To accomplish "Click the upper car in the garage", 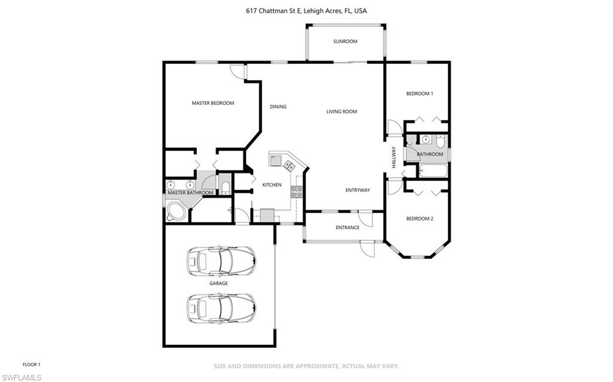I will [x=221, y=259].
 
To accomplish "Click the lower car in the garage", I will [x=221, y=307].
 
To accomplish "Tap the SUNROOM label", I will [x=345, y=41].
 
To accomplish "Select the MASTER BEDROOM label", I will [x=213, y=103].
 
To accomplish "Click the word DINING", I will [x=278, y=107].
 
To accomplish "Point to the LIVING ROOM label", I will [x=341, y=111].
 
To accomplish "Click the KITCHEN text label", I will [x=272, y=185].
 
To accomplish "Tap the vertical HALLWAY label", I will [x=394, y=157].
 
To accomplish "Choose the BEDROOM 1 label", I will [x=419, y=93].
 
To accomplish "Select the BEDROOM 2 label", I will [x=419, y=219].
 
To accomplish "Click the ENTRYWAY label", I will [x=357, y=190].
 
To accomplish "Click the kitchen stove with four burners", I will [x=296, y=191].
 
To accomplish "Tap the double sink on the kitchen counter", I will [x=289, y=166].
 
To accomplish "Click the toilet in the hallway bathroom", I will [x=440, y=142].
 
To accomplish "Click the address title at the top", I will [x=306, y=11].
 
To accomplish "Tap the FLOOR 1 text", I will [x=31, y=364].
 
